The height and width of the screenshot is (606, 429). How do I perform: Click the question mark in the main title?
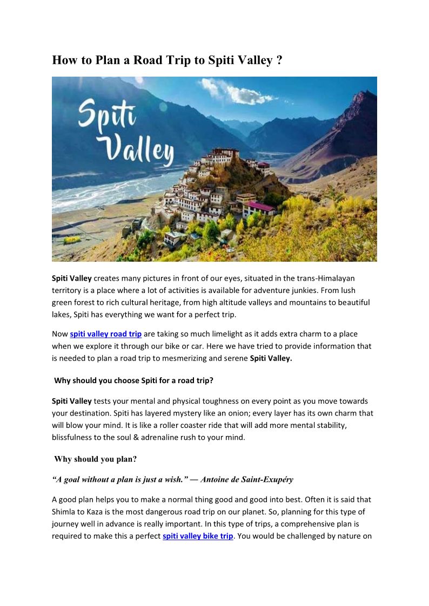tap(279, 60)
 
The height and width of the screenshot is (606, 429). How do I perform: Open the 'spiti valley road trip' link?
tap(105, 334)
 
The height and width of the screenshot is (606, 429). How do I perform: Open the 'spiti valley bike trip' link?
tap(198, 536)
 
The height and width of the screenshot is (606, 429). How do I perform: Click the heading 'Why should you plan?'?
tap(96, 459)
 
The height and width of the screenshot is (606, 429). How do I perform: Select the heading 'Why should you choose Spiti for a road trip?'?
tap(133, 380)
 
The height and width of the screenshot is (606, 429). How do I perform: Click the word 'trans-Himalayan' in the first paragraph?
tap(326, 278)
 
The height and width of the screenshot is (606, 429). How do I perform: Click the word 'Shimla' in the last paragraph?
tap(65, 512)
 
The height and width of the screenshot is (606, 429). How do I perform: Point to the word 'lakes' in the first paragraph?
tap(61, 314)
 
